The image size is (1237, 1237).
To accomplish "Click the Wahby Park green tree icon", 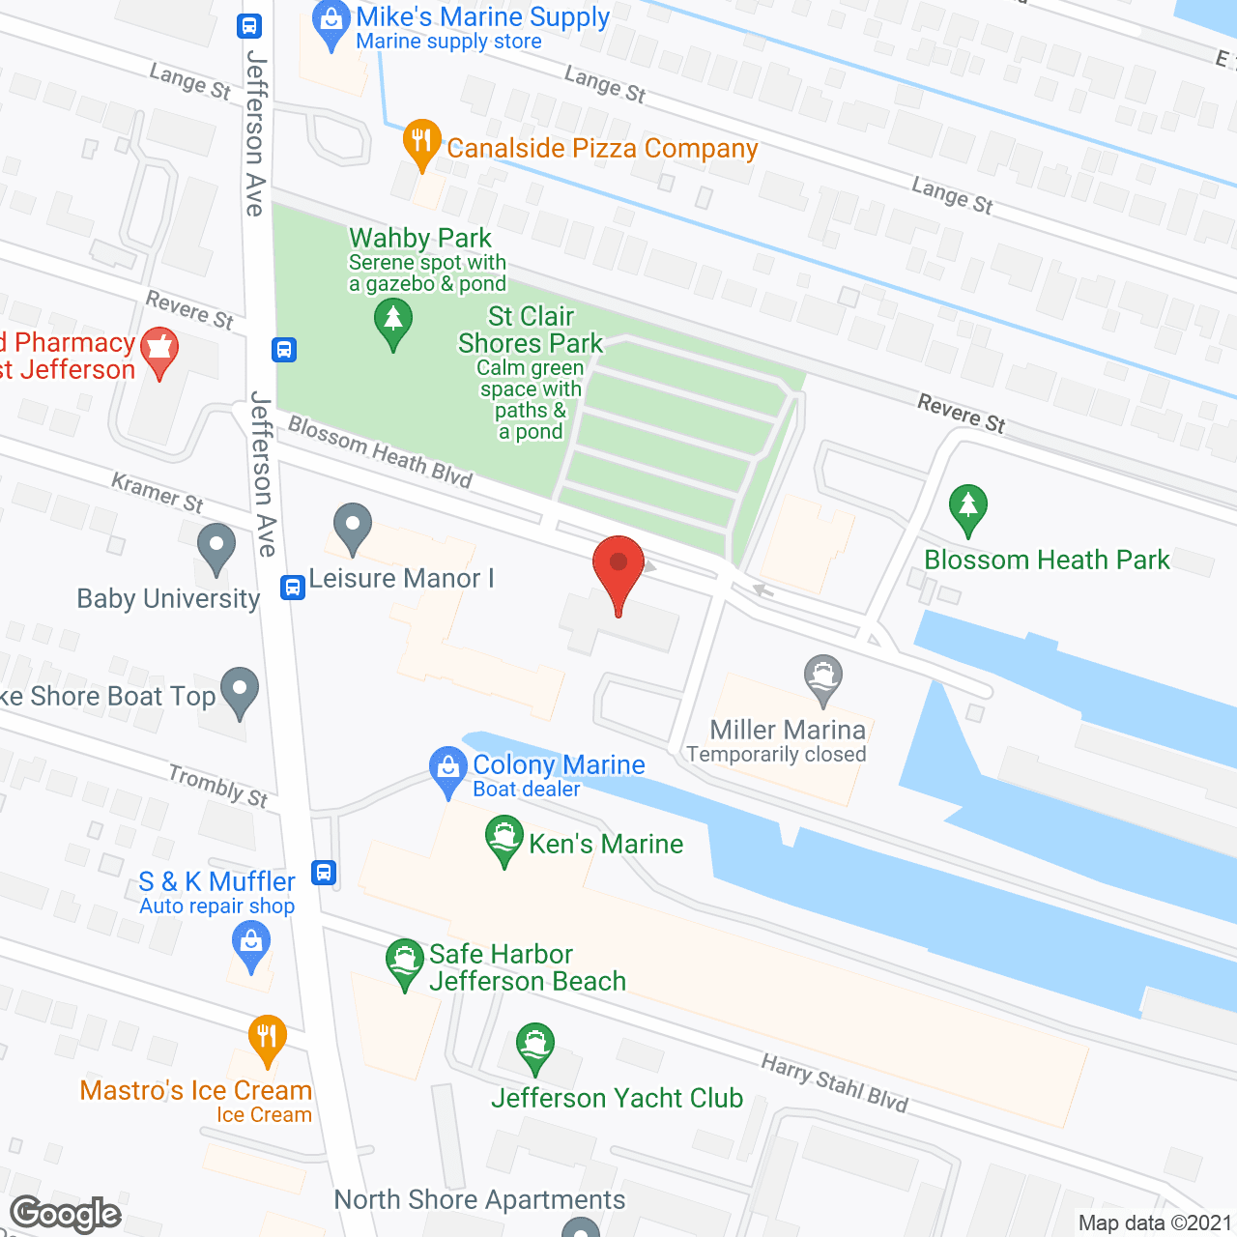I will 393,321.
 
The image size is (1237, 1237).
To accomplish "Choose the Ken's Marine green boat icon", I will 503,838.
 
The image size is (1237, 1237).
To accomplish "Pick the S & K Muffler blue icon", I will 251,942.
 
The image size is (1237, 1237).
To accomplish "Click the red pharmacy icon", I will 159,350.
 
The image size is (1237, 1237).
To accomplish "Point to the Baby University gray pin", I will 216,547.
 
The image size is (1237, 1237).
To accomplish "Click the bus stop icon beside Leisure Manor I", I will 292,587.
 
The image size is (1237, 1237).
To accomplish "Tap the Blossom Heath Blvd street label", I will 380,451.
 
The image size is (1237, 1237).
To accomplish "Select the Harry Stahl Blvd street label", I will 835,1083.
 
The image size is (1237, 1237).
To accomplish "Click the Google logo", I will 66,1214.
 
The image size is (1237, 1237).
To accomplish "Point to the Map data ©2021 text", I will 1154,1223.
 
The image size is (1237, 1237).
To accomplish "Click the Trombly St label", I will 218,786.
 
